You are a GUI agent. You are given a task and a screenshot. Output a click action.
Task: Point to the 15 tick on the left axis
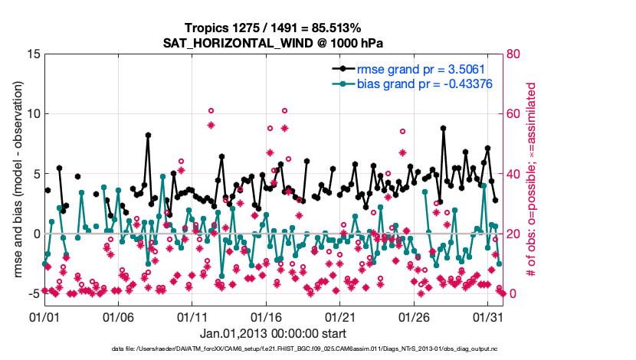[x=34, y=54]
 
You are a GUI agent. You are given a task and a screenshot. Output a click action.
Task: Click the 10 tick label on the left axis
[x=34, y=113]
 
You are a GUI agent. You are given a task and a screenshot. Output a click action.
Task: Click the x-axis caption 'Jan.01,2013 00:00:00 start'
[x=273, y=333]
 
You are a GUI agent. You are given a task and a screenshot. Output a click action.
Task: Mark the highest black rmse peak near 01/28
[x=443, y=129]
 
